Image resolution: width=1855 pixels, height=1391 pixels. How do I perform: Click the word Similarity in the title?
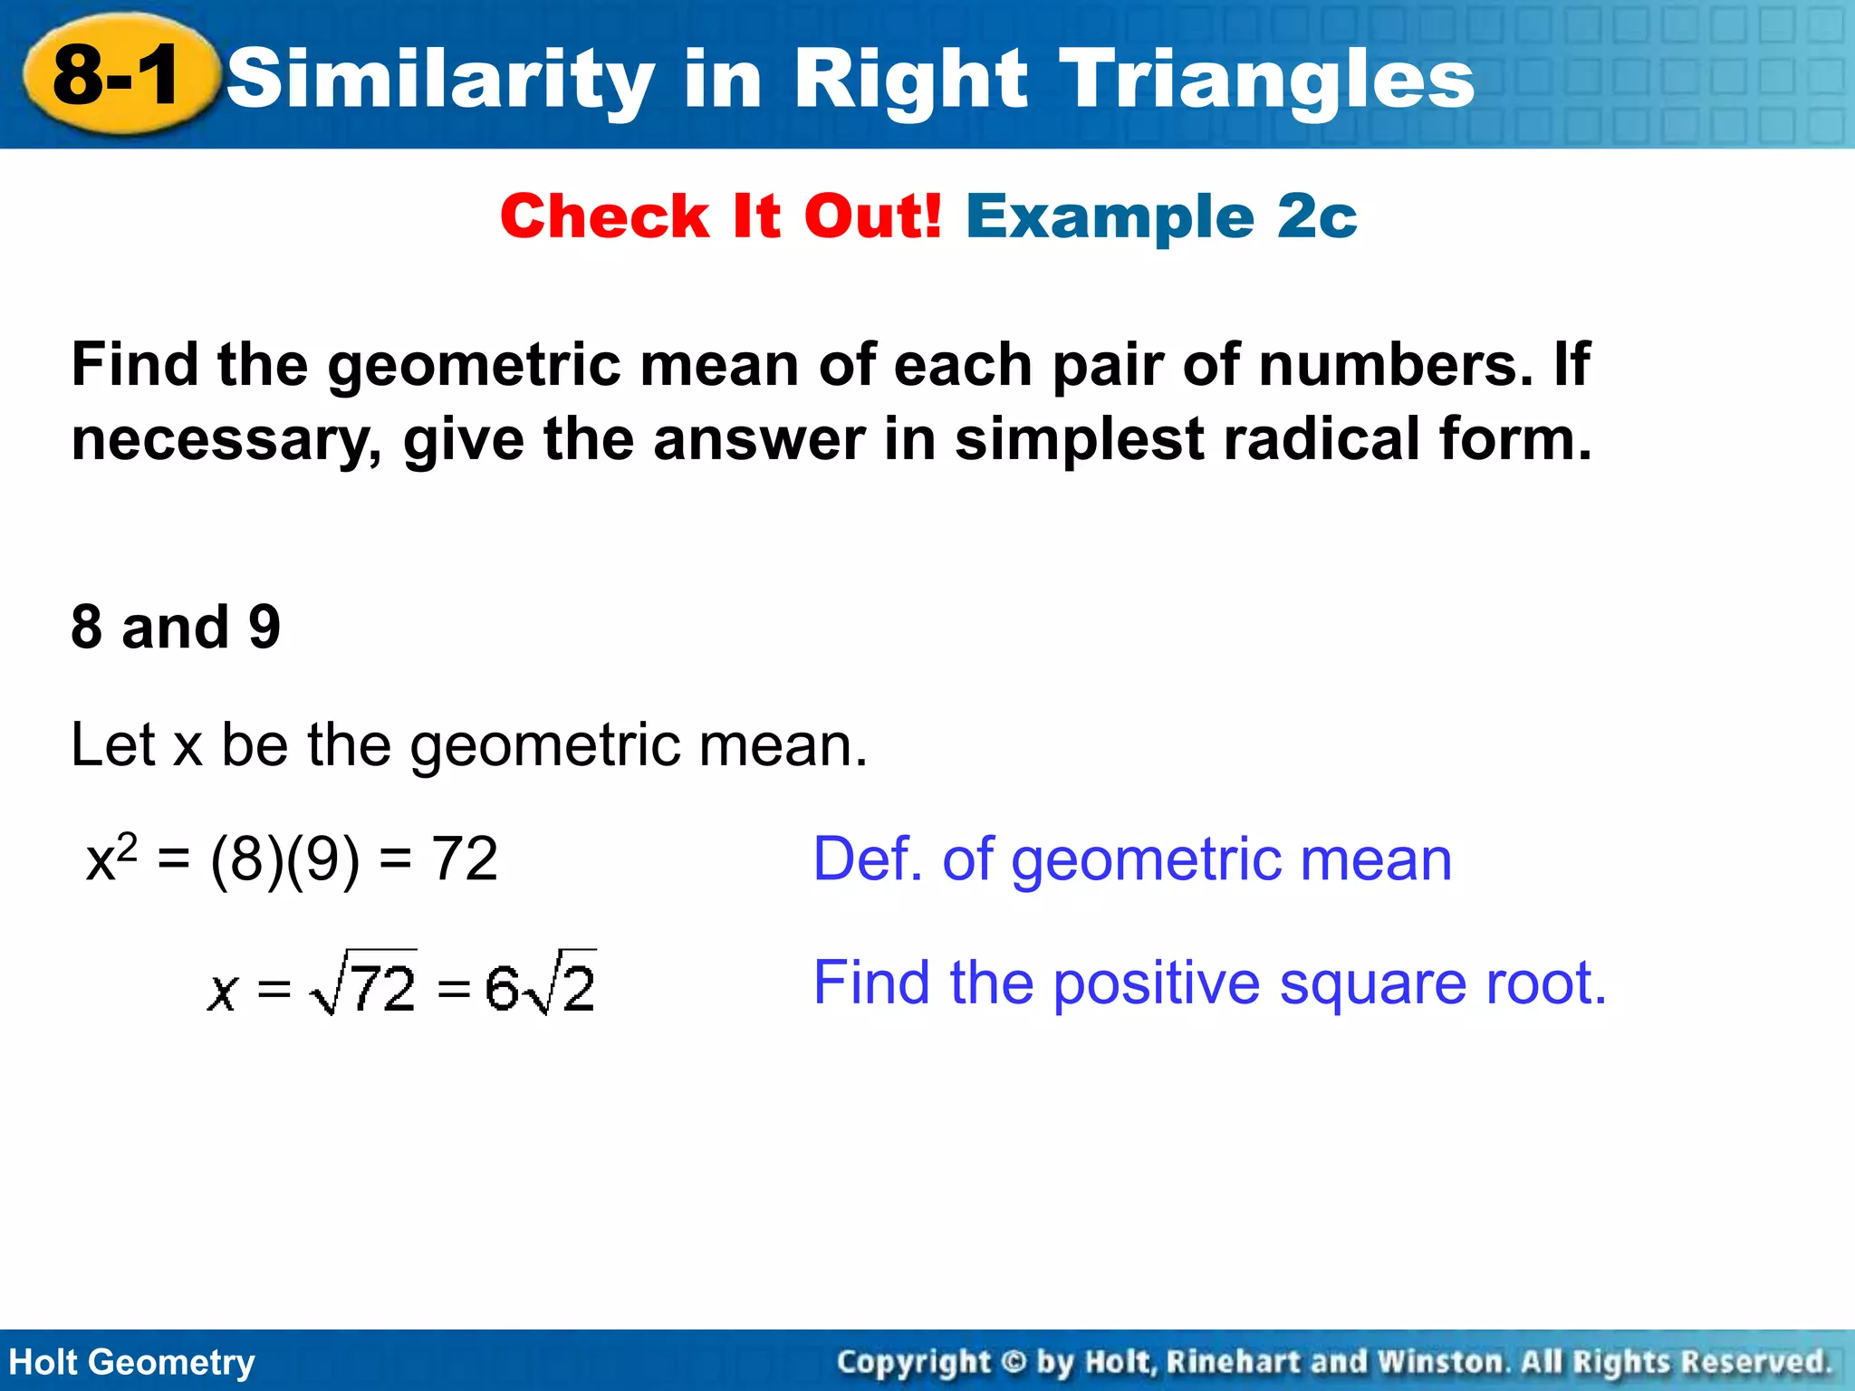click(440, 80)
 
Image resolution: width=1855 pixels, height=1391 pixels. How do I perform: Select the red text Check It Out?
click(721, 217)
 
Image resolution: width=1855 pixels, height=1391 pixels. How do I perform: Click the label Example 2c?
click(1161, 217)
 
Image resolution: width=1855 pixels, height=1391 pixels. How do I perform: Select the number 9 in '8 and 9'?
click(264, 627)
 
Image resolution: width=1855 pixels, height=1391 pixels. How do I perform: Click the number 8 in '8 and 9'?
click(87, 627)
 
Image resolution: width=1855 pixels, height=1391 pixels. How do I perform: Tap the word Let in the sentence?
click(114, 745)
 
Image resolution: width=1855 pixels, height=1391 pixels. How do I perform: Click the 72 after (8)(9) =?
click(465, 859)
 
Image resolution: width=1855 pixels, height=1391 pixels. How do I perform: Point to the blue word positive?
click(1156, 983)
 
